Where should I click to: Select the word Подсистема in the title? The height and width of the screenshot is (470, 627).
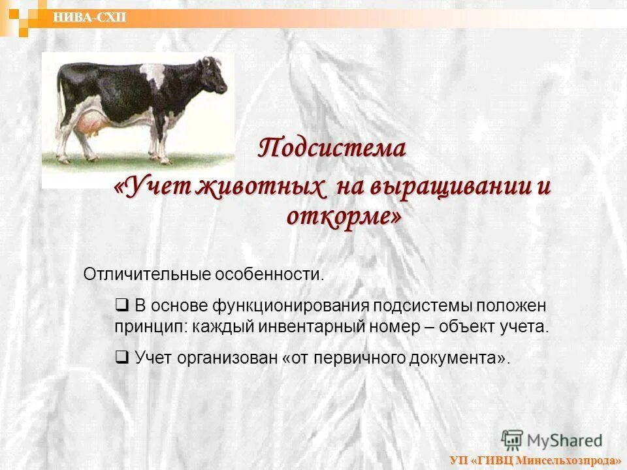pos(332,148)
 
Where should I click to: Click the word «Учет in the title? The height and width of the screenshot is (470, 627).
pos(152,187)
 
